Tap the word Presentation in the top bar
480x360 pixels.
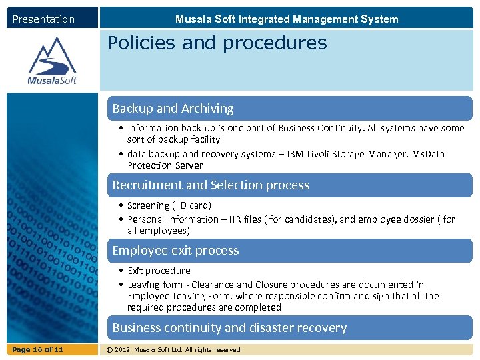(x=43, y=19)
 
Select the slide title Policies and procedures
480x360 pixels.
(x=217, y=43)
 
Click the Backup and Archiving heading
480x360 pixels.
(x=173, y=108)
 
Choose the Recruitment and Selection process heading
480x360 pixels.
(x=211, y=185)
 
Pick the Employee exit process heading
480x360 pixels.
(x=175, y=250)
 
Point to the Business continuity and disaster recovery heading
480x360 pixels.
(x=229, y=327)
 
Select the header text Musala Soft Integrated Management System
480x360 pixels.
(x=287, y=19)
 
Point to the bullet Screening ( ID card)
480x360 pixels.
(x=169, y=205)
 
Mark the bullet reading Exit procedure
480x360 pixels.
(x=159, y=271)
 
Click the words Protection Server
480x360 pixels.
(x=165, y=165)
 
